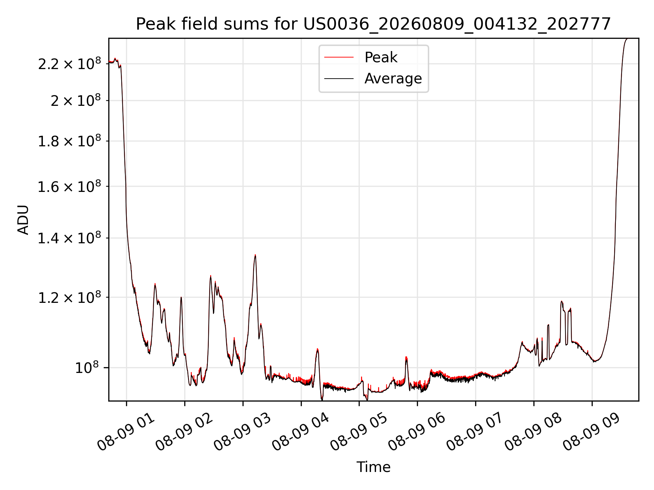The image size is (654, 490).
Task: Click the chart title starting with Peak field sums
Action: [373, 24]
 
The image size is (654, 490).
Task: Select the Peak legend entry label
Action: [381, 57]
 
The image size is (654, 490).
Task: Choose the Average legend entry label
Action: [393, 79]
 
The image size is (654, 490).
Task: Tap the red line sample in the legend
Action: [339, 58]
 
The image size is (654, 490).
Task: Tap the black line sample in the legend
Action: [339, 79]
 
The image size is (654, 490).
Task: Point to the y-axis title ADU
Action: [23, 220]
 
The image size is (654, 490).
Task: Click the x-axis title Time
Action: [373, 467]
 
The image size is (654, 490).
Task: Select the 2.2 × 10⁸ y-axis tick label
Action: [69, 63]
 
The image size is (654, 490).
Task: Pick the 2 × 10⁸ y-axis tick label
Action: [76, 100]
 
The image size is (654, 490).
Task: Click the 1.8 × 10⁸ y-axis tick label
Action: [69, 141]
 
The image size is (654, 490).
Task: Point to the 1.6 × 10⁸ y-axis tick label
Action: [69, 186]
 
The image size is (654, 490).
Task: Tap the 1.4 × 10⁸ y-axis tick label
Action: [69, 238]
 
